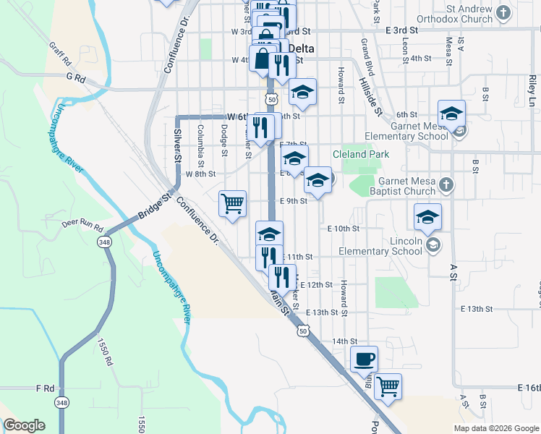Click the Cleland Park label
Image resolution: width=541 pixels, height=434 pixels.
pos(361,154)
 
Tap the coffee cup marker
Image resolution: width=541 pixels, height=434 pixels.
pos(364,359)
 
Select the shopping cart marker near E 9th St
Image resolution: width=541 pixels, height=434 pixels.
pos(232,203)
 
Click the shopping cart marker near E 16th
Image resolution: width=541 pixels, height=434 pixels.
pos(388,386)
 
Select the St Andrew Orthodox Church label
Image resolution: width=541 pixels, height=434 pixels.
pos(459,14)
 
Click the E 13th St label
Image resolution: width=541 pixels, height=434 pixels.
pos(322,312)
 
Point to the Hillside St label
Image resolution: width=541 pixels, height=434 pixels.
pos(371,98)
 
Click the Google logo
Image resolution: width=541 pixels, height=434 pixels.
pos(24,425)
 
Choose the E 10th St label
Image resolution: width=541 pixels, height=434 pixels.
pos(343,228)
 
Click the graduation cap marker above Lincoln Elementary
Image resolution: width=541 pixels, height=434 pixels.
pos(427,216)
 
